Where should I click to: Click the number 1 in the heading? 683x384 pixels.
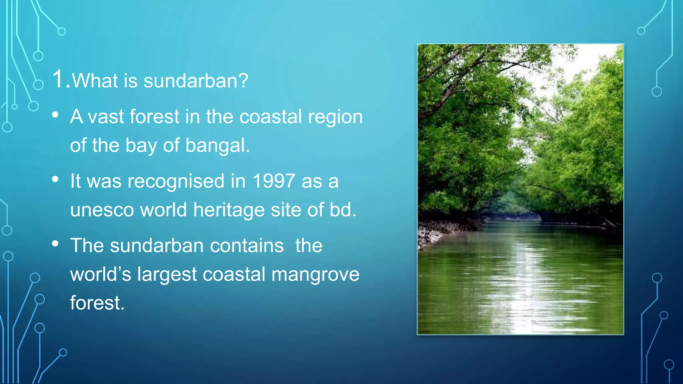pyautogui.click(x=59, y=80)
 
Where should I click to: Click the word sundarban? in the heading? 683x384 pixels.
pyautogui.click(x=196, y=81)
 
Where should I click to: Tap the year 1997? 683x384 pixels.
pyautogui.click(x=273, y=181)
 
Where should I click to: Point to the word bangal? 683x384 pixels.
pyautogui.click(x=217, y=145)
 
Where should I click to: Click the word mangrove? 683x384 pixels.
pyautogui.click(x=315, y=274)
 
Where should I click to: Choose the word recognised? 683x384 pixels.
pyautogui.click(x=176, y=181)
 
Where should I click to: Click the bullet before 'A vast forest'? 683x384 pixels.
pyautogui.click(x=55, y=115)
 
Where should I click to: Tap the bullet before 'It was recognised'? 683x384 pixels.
pyautogui.click(x=55, y=179)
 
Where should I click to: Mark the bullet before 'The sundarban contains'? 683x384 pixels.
pyautogui.click(x=55, y=244)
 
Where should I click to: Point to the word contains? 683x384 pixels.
pyautogui.click(x=247, y=246)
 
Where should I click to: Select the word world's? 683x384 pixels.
pyautogui.click(x=101, y=274)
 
